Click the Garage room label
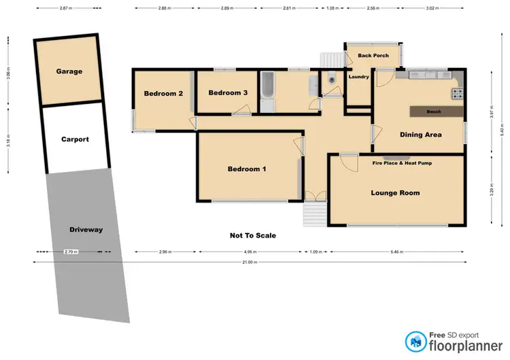69,71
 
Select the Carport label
75,139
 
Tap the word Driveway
86,230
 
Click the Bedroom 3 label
228,93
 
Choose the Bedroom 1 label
247,169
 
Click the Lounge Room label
395,193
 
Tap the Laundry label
358,77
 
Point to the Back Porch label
373,56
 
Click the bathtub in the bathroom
268,86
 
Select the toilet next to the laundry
331,79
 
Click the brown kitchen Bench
435,111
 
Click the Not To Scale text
253,236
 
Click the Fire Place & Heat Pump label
402,163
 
